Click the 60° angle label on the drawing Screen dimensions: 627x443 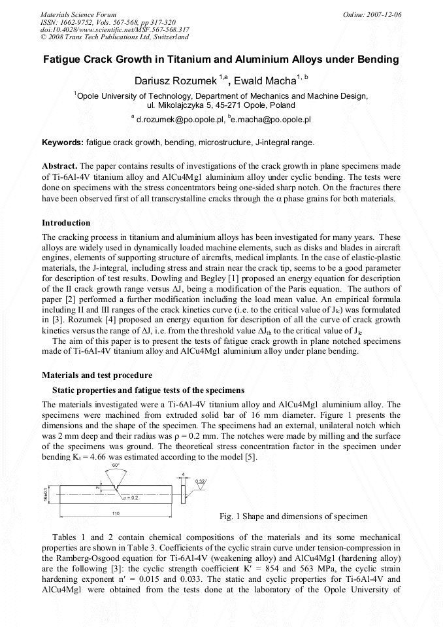point(115,465)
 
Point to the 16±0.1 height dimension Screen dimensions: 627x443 point(46,490)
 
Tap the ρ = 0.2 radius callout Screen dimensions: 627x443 point(131,498)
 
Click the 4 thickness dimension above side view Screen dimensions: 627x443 point(185,474)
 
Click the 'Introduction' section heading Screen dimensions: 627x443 point(66,223)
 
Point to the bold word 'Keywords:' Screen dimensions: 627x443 point(63,142)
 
